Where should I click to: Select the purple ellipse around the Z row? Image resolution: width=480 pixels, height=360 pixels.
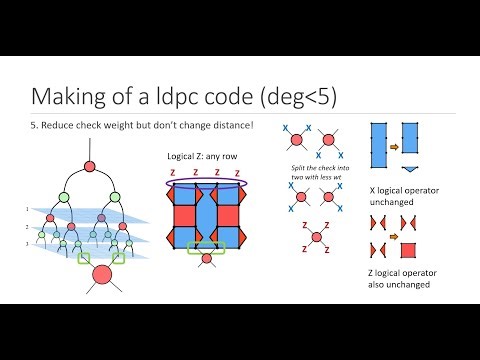[x=206, y=180]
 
